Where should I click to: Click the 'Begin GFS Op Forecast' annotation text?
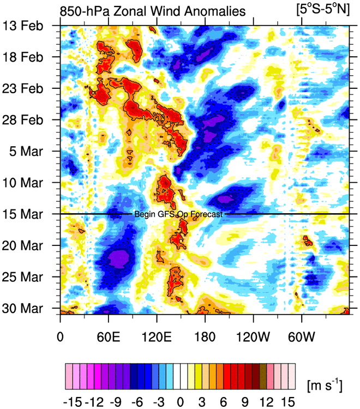click(x=178, y=214)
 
